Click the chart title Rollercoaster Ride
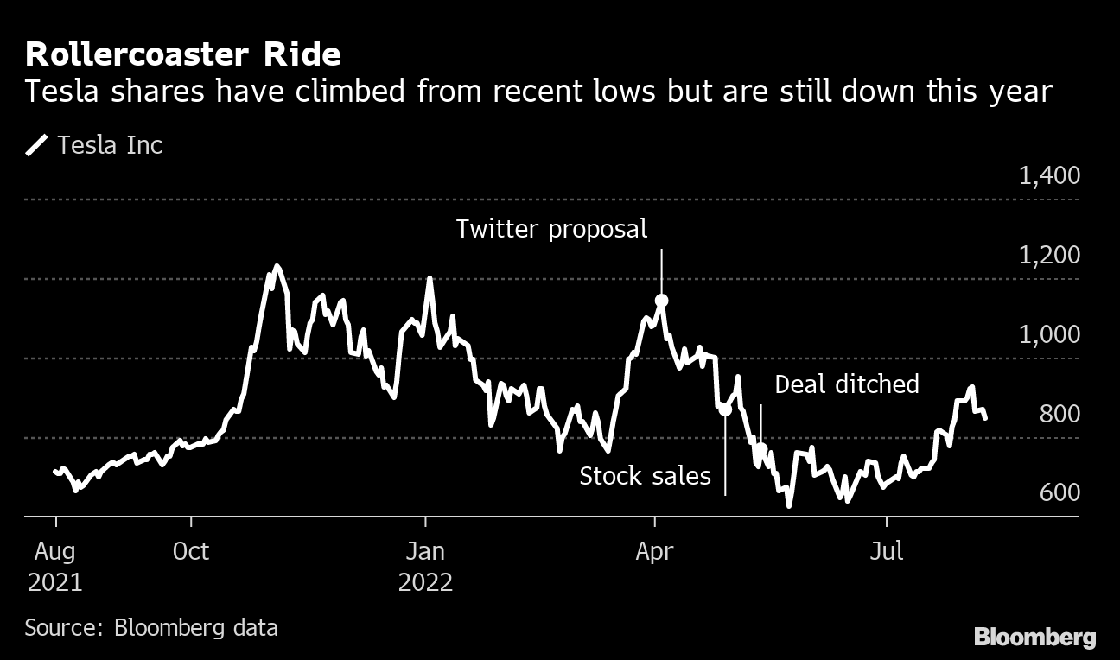(182, 55)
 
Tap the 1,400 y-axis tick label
(1049, 176)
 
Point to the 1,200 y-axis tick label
(1049, 256)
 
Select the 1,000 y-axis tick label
(1049, 335)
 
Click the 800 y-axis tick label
(1060, 415)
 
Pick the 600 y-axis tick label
(1060, 493)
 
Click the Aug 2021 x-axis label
(54, 565)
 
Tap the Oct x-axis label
(190, 550)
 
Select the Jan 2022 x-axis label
(425, 565)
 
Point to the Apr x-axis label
(654, 550)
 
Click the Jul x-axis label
(887, 550)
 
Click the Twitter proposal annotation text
(551, 229)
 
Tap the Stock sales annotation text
(645, 476)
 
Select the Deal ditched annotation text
(847, 384)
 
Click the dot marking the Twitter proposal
(662, 301)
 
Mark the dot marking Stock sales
(725, 409)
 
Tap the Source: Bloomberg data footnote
(151, 627)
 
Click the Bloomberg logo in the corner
(1034, 638)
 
